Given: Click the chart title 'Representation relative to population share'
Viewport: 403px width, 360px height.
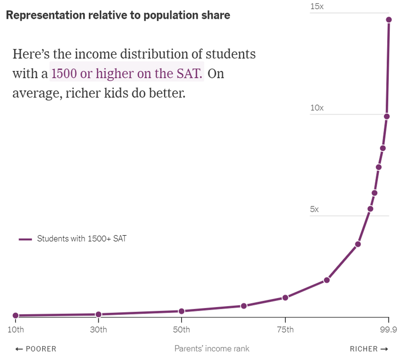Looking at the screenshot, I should tap(118, 15).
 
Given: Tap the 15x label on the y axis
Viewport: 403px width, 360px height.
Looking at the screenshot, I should tap(317, 7).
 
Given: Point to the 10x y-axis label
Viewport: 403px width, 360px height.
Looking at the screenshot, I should tap(317, 108).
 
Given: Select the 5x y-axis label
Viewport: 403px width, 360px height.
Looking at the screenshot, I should tap(314, 209).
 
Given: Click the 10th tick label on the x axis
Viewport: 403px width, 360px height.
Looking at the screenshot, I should tap(16, 329).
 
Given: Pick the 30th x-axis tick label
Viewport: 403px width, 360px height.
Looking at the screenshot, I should tap(98, 329).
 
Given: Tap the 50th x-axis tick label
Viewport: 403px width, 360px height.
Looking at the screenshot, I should tap(181, 329).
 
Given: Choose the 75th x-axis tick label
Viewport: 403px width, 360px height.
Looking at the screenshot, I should tap(285, 329).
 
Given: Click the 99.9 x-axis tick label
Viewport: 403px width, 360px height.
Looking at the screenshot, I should tap(388, 329).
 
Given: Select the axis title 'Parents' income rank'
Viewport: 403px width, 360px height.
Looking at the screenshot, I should tap(212, 349).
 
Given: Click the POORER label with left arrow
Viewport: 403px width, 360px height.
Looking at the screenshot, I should tap(36, 349).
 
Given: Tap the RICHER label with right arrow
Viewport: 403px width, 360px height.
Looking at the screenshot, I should tap(369, 349).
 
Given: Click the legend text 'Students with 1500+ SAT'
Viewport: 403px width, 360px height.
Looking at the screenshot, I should tap(82, 239).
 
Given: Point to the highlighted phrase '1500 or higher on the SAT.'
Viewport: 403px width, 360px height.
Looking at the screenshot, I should tap(127, 74).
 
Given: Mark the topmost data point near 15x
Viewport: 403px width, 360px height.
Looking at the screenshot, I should tap(389, 20).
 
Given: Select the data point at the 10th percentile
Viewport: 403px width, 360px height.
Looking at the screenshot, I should tap(16, 315).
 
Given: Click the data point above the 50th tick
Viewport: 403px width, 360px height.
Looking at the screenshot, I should tap(181, 311).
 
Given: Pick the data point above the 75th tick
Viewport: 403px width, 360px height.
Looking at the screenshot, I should tap(285, 298).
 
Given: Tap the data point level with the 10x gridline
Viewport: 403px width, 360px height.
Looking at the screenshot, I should tap(387, 117).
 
